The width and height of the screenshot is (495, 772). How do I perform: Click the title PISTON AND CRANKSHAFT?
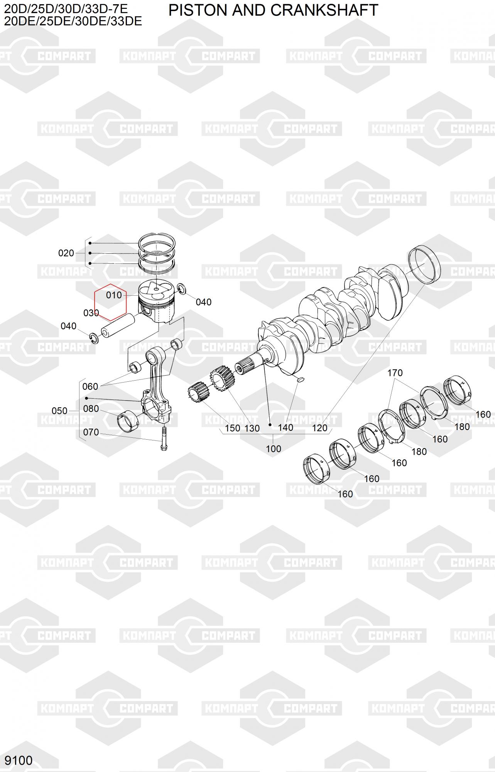coord(273,10)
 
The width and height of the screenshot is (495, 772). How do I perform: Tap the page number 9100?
coord(19,760)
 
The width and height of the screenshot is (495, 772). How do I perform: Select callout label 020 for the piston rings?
coord(66,253)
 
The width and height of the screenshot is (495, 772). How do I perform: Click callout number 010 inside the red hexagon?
coord(114,295)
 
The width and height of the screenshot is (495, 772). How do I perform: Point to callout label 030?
coord(91,313)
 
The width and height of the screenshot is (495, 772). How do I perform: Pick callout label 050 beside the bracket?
coord(59,411)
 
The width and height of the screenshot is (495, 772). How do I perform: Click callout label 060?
coord(90,386)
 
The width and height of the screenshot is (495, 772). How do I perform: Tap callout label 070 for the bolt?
coord(91,432)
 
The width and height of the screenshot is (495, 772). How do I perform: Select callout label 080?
coord(91,409)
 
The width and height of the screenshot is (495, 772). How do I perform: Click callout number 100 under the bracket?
coord(273,449)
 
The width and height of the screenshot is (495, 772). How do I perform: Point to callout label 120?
coord(319,428)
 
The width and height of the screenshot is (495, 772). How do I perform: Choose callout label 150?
coord(232,428)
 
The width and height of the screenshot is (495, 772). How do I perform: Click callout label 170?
coord(395,373)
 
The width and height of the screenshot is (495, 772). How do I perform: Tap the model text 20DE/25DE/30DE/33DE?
coord(73,21)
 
